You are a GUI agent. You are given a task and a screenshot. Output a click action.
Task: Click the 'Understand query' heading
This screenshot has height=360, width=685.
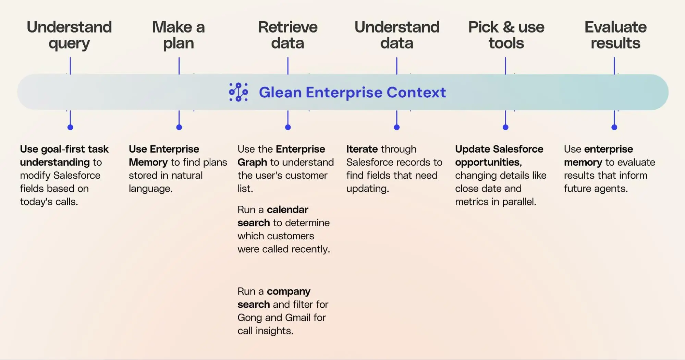point(69,35)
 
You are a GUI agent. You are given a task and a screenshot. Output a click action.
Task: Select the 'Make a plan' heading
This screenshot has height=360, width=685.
point(179,35)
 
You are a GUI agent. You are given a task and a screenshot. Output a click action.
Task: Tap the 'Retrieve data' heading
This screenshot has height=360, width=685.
point(288,35)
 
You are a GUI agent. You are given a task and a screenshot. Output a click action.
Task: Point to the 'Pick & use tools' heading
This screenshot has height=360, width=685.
point(506,35)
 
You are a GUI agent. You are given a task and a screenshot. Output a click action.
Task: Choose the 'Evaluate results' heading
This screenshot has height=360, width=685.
point(615,35)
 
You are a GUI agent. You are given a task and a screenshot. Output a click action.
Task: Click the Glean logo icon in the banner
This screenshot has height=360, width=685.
point(238,92)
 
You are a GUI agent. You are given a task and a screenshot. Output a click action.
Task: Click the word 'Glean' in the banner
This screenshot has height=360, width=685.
point(280,92)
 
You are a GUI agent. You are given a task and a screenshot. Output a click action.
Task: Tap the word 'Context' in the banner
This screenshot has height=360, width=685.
point(416,92)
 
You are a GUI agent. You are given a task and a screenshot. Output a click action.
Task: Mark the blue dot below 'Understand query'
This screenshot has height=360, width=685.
point(70,127)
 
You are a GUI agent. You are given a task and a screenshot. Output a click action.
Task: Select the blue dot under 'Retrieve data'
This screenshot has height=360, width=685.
point(288,127)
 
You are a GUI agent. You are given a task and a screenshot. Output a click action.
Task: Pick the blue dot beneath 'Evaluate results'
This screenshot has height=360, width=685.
point(614,127)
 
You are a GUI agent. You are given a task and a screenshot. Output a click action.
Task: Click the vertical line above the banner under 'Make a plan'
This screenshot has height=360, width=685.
point(179,65)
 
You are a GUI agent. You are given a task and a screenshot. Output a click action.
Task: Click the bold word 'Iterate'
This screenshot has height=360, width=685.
point(362,149)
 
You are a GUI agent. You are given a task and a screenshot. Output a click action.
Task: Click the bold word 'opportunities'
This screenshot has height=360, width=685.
point(487,163)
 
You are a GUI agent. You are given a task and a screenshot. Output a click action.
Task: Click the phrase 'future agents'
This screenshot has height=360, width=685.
point(596,189)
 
